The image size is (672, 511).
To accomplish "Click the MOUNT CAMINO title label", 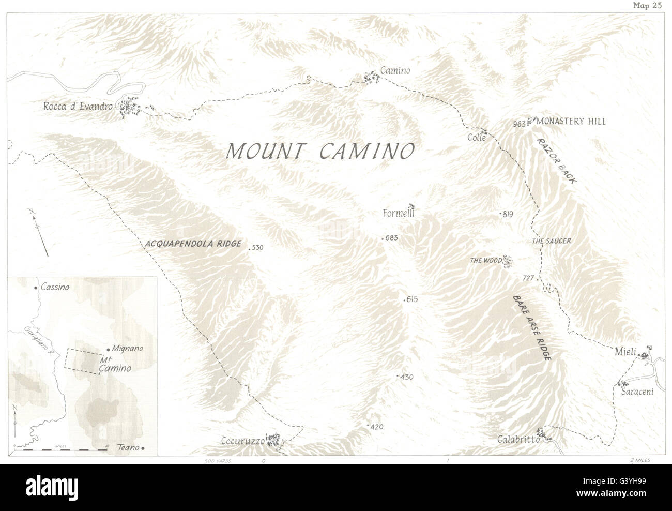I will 320,151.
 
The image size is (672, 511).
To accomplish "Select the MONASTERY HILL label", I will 571,122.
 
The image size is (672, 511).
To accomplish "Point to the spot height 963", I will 520,124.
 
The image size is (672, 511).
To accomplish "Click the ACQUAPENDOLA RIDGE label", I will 193,244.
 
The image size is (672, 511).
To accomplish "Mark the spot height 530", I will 257,248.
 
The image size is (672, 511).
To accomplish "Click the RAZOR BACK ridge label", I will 557,161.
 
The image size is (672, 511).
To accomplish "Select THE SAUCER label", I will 552,241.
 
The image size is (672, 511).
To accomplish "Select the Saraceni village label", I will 641,392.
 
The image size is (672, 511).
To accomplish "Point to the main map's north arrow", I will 40,231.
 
